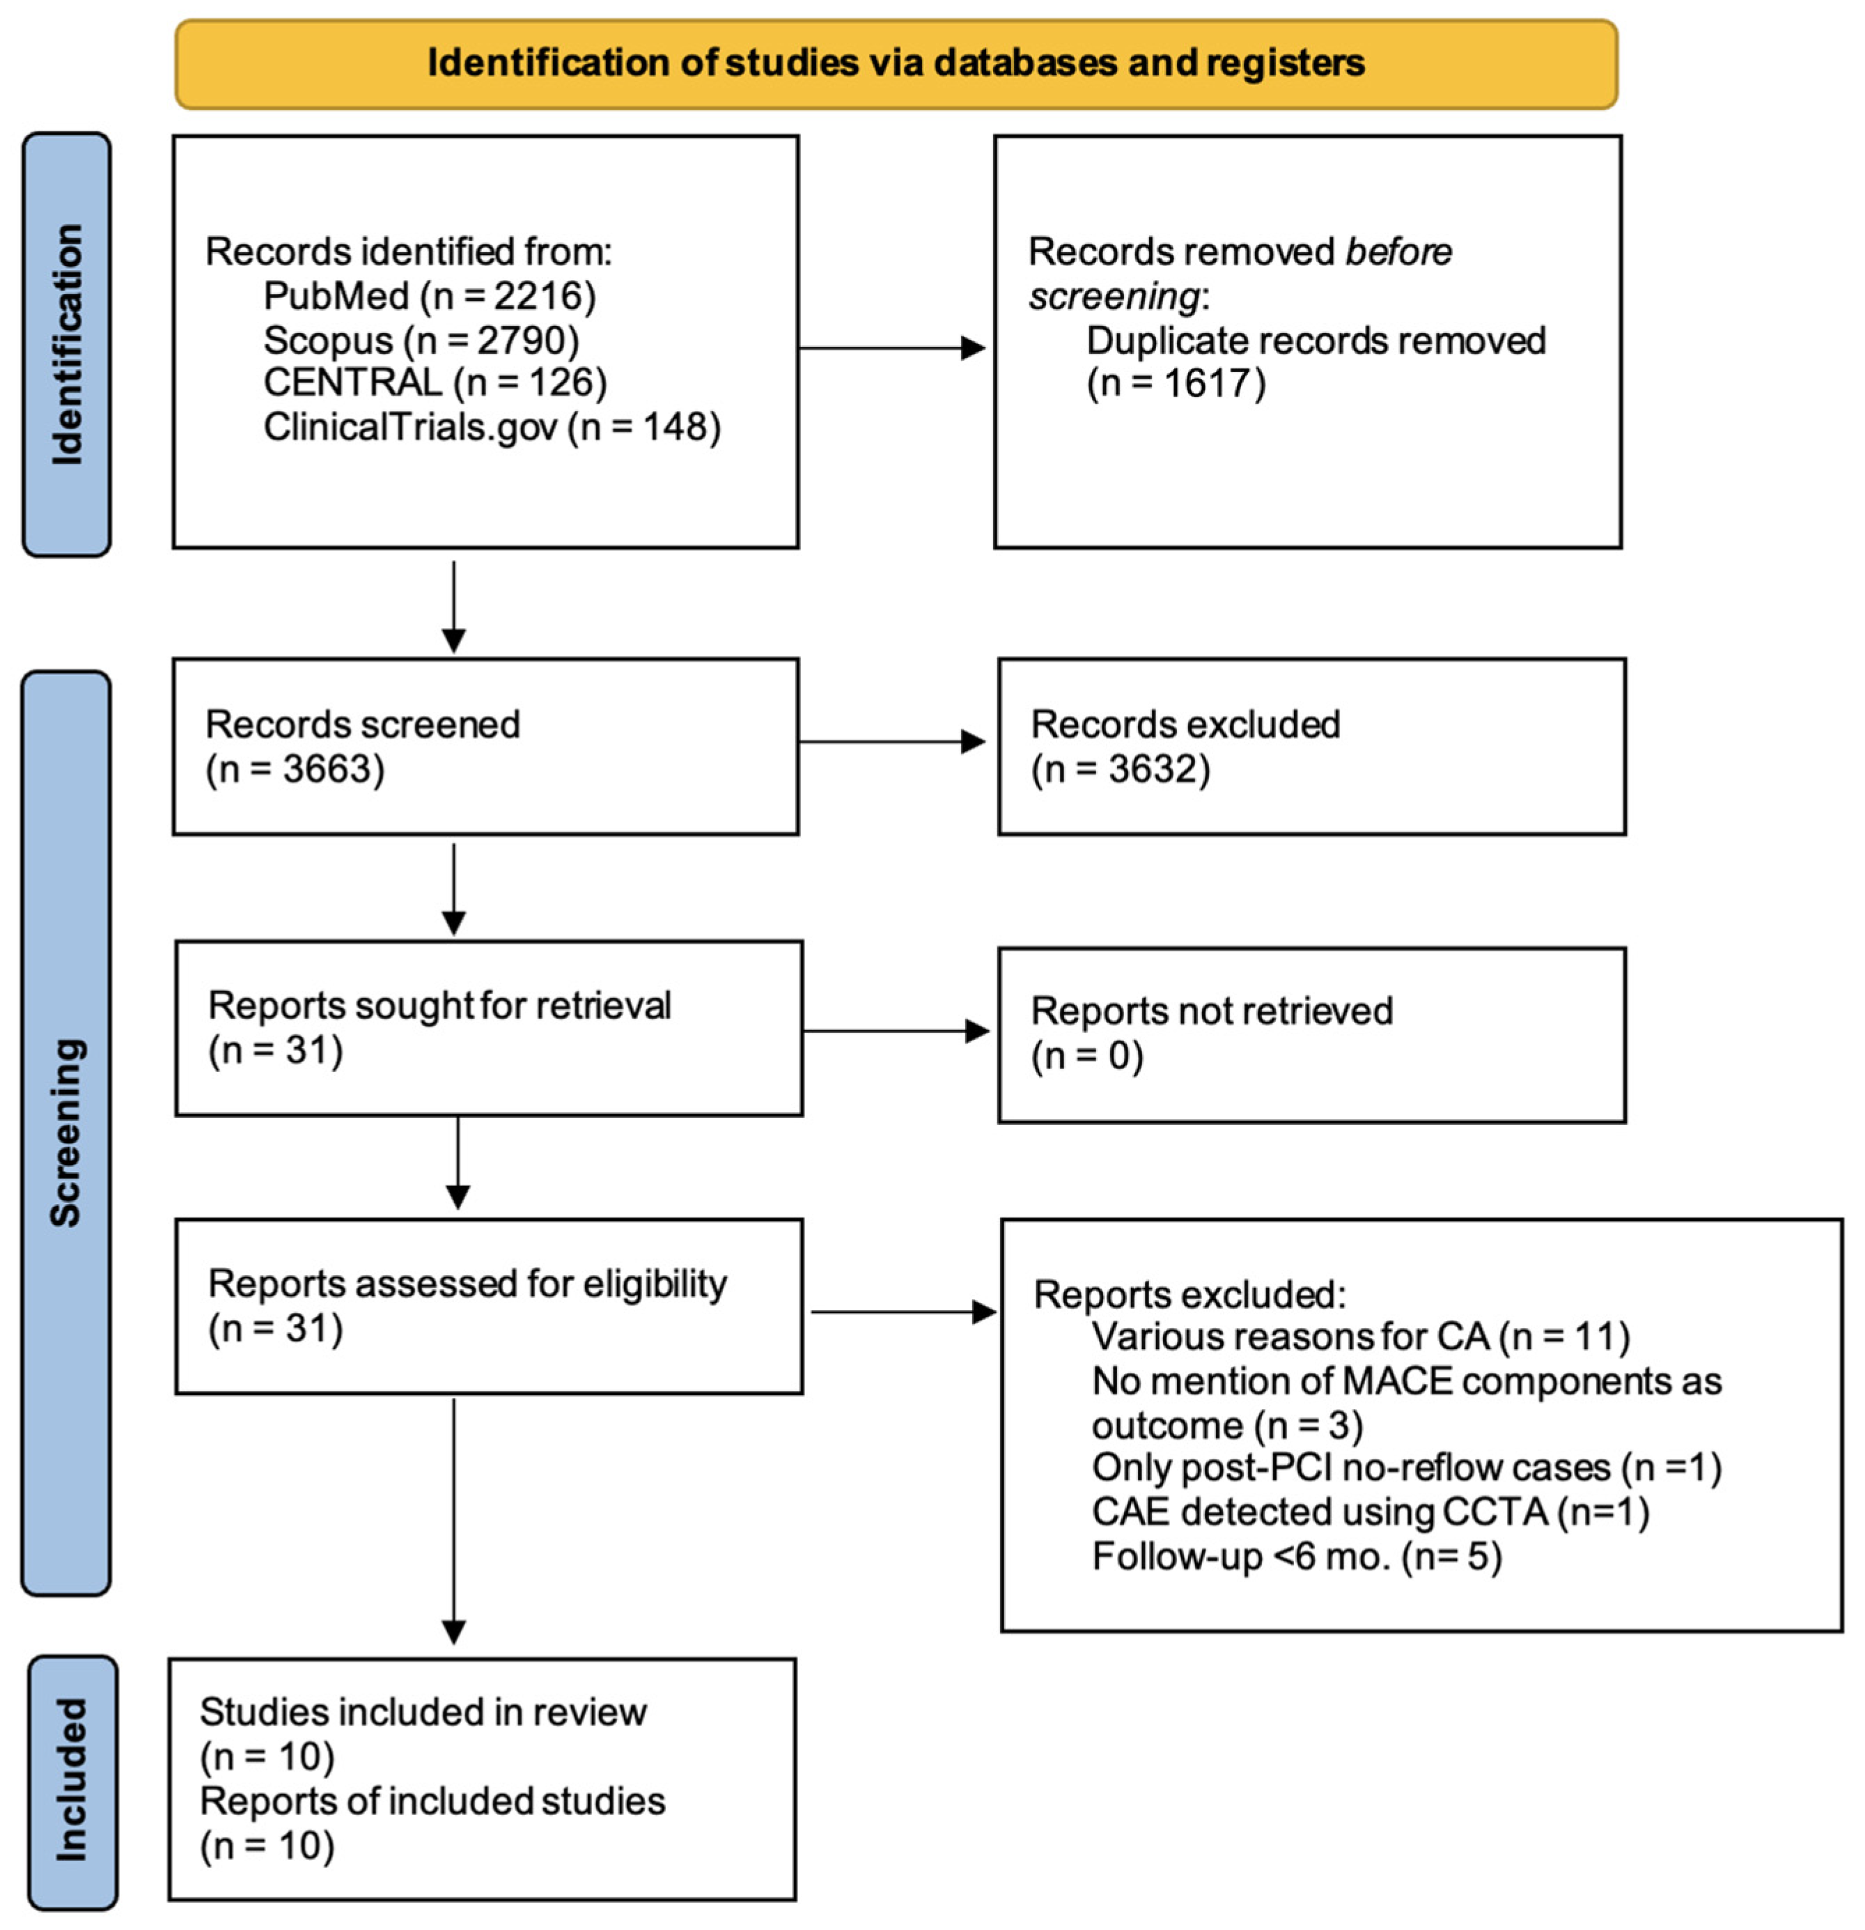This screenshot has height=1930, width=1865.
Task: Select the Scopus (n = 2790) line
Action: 421,341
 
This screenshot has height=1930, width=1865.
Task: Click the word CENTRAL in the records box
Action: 352,383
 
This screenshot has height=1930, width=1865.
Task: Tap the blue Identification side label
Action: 67,345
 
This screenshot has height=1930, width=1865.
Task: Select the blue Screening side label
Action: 66,1133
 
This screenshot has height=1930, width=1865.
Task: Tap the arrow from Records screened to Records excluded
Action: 892,742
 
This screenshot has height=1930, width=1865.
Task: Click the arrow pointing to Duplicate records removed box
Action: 892,348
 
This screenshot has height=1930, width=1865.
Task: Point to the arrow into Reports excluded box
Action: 903,1312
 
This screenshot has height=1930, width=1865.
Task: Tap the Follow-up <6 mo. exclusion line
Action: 1297,1557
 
